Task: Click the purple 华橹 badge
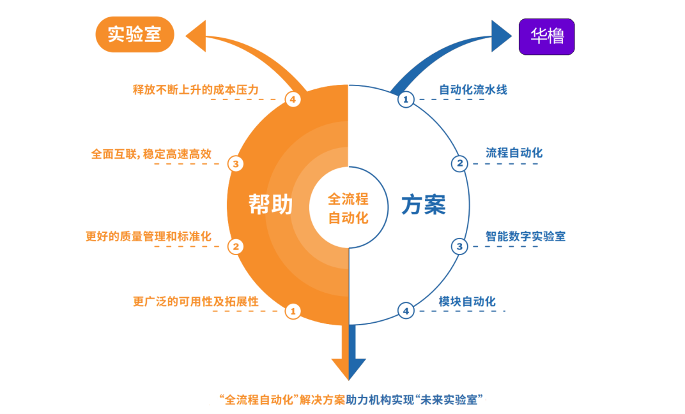[546, 36]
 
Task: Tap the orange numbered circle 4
[293, 100]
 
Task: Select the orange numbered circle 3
[236, 164]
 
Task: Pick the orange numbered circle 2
[235, 246]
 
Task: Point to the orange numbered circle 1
[293, 311]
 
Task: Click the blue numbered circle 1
[406, 100]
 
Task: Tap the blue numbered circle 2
[459, 164]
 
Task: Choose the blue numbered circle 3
[459, 246]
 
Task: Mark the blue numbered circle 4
[406, 311]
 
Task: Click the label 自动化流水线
[473, 90]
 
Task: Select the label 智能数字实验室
[525, 236]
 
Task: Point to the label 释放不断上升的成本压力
[196, 90]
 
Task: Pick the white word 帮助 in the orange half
[270, 205]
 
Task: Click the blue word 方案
[423, 205]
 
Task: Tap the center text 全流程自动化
[348, 208]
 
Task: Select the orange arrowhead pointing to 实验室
[196, 37]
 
